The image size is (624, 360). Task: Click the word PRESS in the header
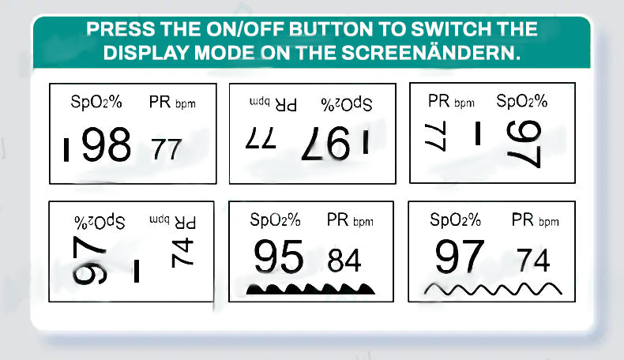[x=120, y=29]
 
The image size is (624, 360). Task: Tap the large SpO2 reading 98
[x=107, y=144]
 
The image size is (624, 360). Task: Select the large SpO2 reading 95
[x=279, y=257]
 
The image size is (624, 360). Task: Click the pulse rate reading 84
[x=344, y=261]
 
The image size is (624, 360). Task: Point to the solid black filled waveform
[x=310, y=289]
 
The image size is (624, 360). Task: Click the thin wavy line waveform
[x=493, y=289]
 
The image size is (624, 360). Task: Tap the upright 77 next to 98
[x=167, y=149]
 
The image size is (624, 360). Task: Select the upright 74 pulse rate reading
[x=533, y=261]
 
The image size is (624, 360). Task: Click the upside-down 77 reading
[x=261, y=138]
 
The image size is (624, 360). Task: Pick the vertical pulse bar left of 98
[x=66, y=149]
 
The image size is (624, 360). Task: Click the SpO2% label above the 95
[x=276, y=219]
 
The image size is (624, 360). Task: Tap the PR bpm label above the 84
[x=350, y=220]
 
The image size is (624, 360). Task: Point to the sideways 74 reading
[x=182, y=253]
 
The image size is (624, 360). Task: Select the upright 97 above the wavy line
[x=460, y=257]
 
